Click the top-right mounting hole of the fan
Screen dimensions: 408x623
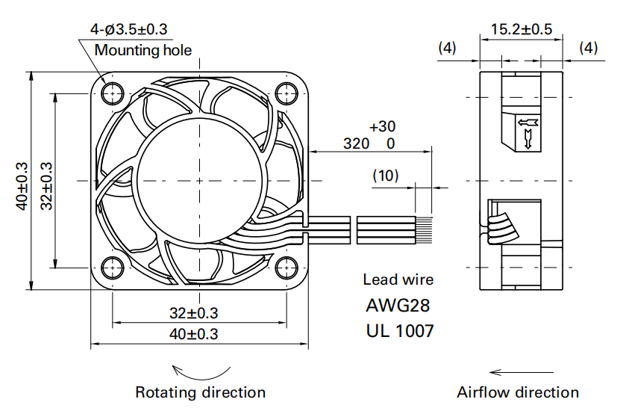click(x=285, y=93)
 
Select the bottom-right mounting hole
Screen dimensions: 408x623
click(x=285, y=267)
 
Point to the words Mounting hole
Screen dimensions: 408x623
click(x=143, y=51)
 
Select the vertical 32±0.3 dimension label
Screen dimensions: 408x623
click(x=46, y=186)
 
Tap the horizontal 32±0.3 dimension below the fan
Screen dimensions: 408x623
click(x=192, y=312)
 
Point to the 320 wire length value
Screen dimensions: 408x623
click(x=356, y=143)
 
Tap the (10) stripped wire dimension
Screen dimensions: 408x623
click(x=386, y=176)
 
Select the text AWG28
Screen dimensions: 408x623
click(x=398, y=306)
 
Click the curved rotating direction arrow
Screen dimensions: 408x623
click(x=200, y=371)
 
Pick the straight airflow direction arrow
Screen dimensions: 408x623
click(x=522, y=371)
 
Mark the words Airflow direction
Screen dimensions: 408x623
click(x=518, y=392)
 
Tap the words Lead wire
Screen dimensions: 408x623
click(x=398, y=280)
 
